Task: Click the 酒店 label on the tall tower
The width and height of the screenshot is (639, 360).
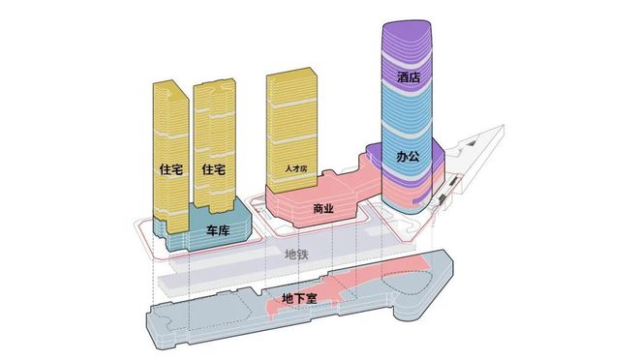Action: tap(409, 75)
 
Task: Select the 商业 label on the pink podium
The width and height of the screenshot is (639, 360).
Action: tap(324, 208)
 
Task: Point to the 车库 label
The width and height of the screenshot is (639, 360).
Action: tap(217, 232)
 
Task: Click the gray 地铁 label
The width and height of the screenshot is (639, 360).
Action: tap(297, 255)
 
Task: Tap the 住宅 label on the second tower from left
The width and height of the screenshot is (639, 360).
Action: tap(214, 168)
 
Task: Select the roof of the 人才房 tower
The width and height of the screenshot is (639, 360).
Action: tap(290, 74)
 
